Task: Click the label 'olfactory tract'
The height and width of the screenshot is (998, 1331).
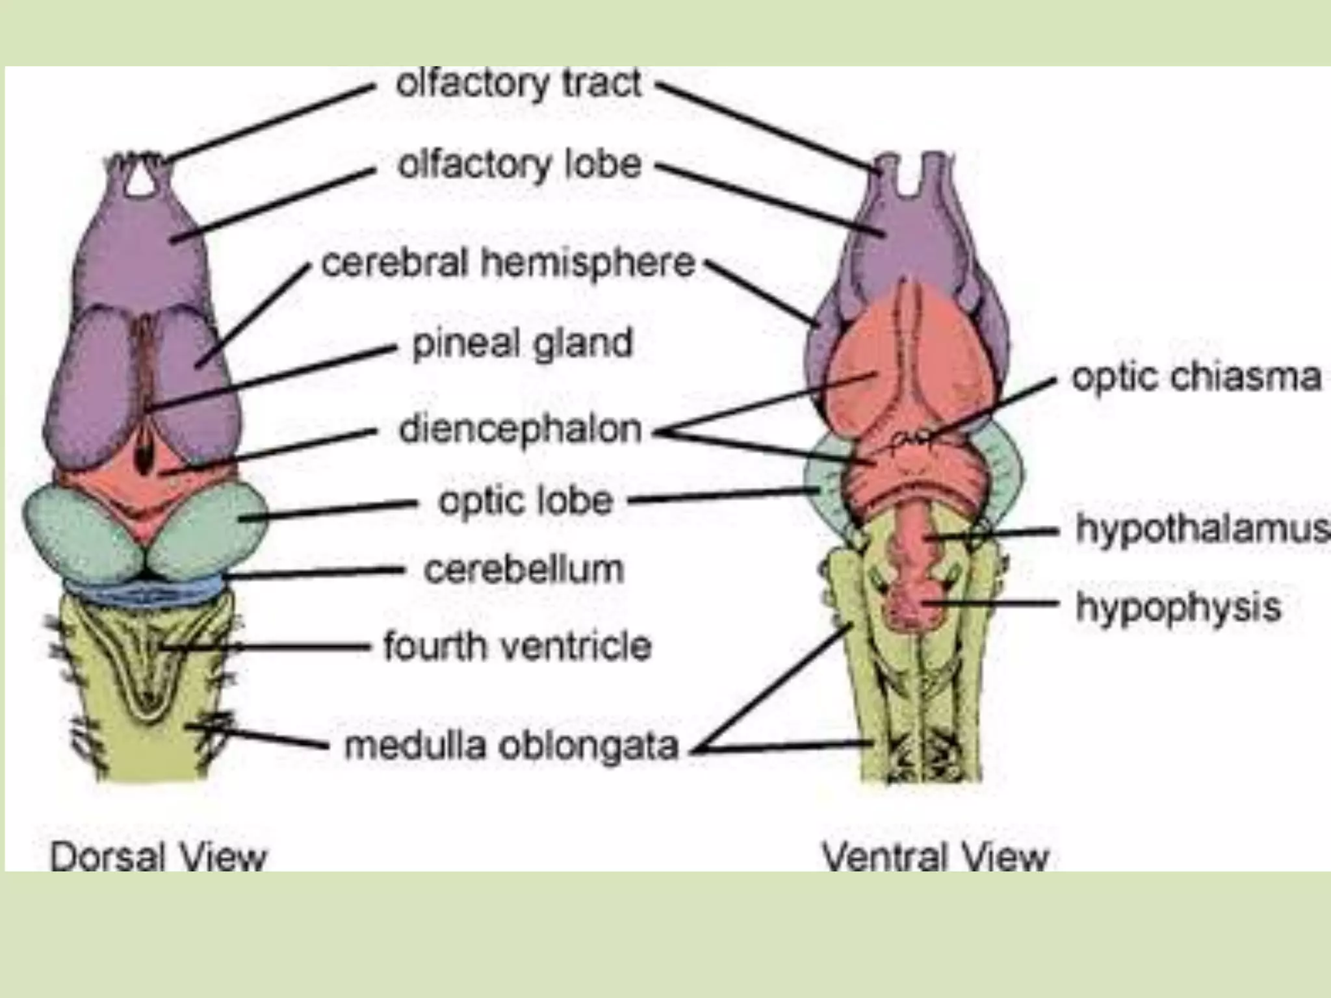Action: click(x=519, y=84)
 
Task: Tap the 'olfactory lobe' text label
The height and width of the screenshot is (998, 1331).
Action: click(x=519, y=165)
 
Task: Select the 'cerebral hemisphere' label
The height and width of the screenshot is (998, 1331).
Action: click(x=508, y=263)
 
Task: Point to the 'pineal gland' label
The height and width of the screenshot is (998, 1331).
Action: click(x=522, y=343)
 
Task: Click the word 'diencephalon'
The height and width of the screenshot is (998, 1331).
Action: click(x=520, y=429)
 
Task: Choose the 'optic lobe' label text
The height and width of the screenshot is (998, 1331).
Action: click(x=525, y=501)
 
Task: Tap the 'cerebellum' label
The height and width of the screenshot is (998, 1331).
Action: click(x=523, y=570)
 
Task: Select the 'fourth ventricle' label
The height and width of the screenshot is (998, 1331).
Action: click(x=517, y=646)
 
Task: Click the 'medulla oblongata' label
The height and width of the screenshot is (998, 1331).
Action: click(x=511, y=746)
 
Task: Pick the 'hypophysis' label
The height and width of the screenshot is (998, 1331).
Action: click(x=1178, y=607)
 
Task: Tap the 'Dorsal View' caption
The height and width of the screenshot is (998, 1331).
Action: click(x=159, y=856)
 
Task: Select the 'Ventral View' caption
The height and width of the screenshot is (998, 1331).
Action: click(x=935, y=856)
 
